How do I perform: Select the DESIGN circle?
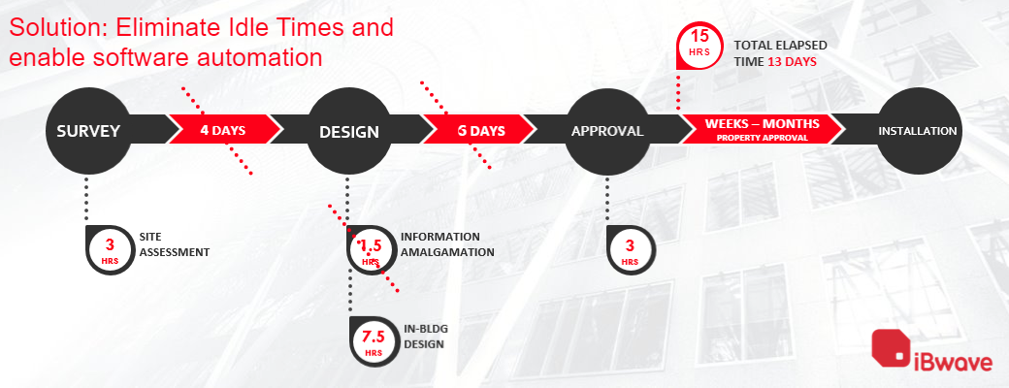tap(348, 131)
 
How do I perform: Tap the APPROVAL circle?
tap(606, 131)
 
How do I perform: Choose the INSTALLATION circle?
tap(917, 131)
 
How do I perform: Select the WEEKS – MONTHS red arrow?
tap(762, 128)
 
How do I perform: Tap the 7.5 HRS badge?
tap(374, 341)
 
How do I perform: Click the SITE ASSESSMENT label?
tap(174, 244)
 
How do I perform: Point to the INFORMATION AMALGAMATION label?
tap(447, 244)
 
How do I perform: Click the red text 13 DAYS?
tap(792, 61)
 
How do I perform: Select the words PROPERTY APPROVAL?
tap(762, 138)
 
